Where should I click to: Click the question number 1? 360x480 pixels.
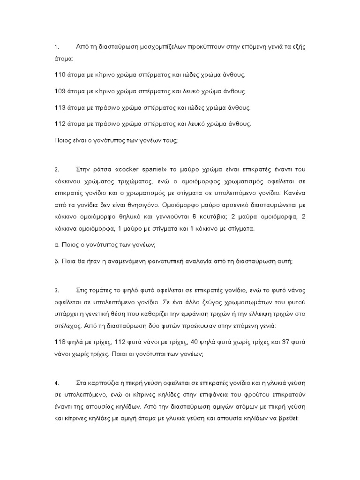tap(57, 47)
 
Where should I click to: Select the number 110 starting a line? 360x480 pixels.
tap(60, 75)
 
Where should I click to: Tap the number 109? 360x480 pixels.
tap(60, 91)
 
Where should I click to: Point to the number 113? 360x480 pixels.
tap(60, 108)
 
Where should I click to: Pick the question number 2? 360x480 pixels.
tap(57, 169)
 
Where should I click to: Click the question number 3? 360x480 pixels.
tap(57, 290)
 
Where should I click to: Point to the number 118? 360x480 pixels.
tap(60, 342)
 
